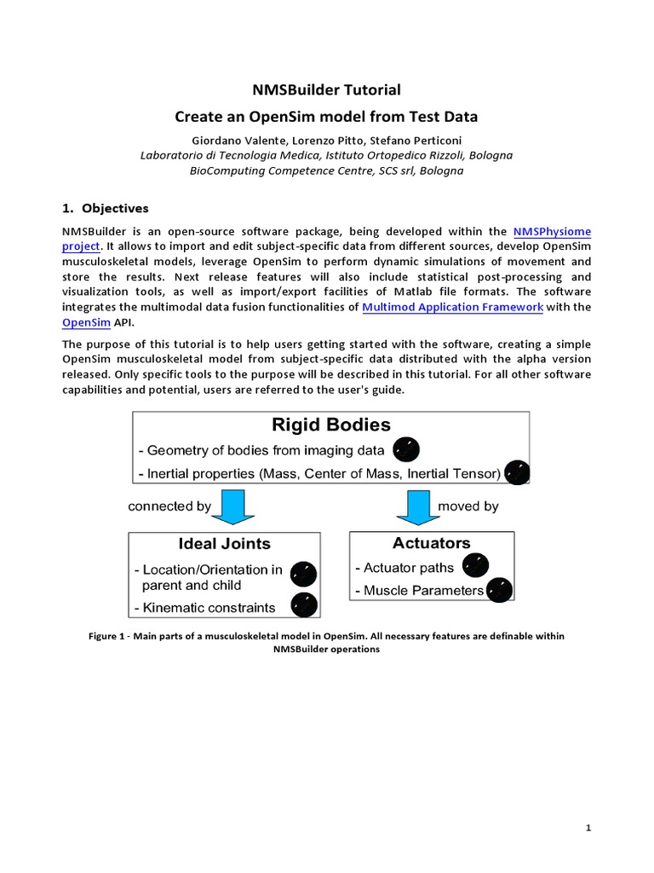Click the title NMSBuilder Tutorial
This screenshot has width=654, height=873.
point(327,90)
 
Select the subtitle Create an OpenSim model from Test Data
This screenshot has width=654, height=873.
point(327,116)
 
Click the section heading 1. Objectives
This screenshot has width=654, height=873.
point(106,208)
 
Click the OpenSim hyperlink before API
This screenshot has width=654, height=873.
point(81,322)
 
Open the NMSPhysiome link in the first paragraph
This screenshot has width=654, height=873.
point(552,231)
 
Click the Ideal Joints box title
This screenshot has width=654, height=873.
point(224,543)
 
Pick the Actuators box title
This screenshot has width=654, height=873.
point(432,543)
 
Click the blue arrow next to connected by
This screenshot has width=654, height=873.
point(232,506)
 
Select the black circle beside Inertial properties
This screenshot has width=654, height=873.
point(517,473)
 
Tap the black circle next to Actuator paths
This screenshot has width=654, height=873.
point(475,565)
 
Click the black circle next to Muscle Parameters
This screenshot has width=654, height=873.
point(500,589)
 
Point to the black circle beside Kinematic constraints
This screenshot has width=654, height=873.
point(304,605)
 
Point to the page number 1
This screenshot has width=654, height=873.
point(588,828)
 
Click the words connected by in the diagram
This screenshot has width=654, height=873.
point(169,506)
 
